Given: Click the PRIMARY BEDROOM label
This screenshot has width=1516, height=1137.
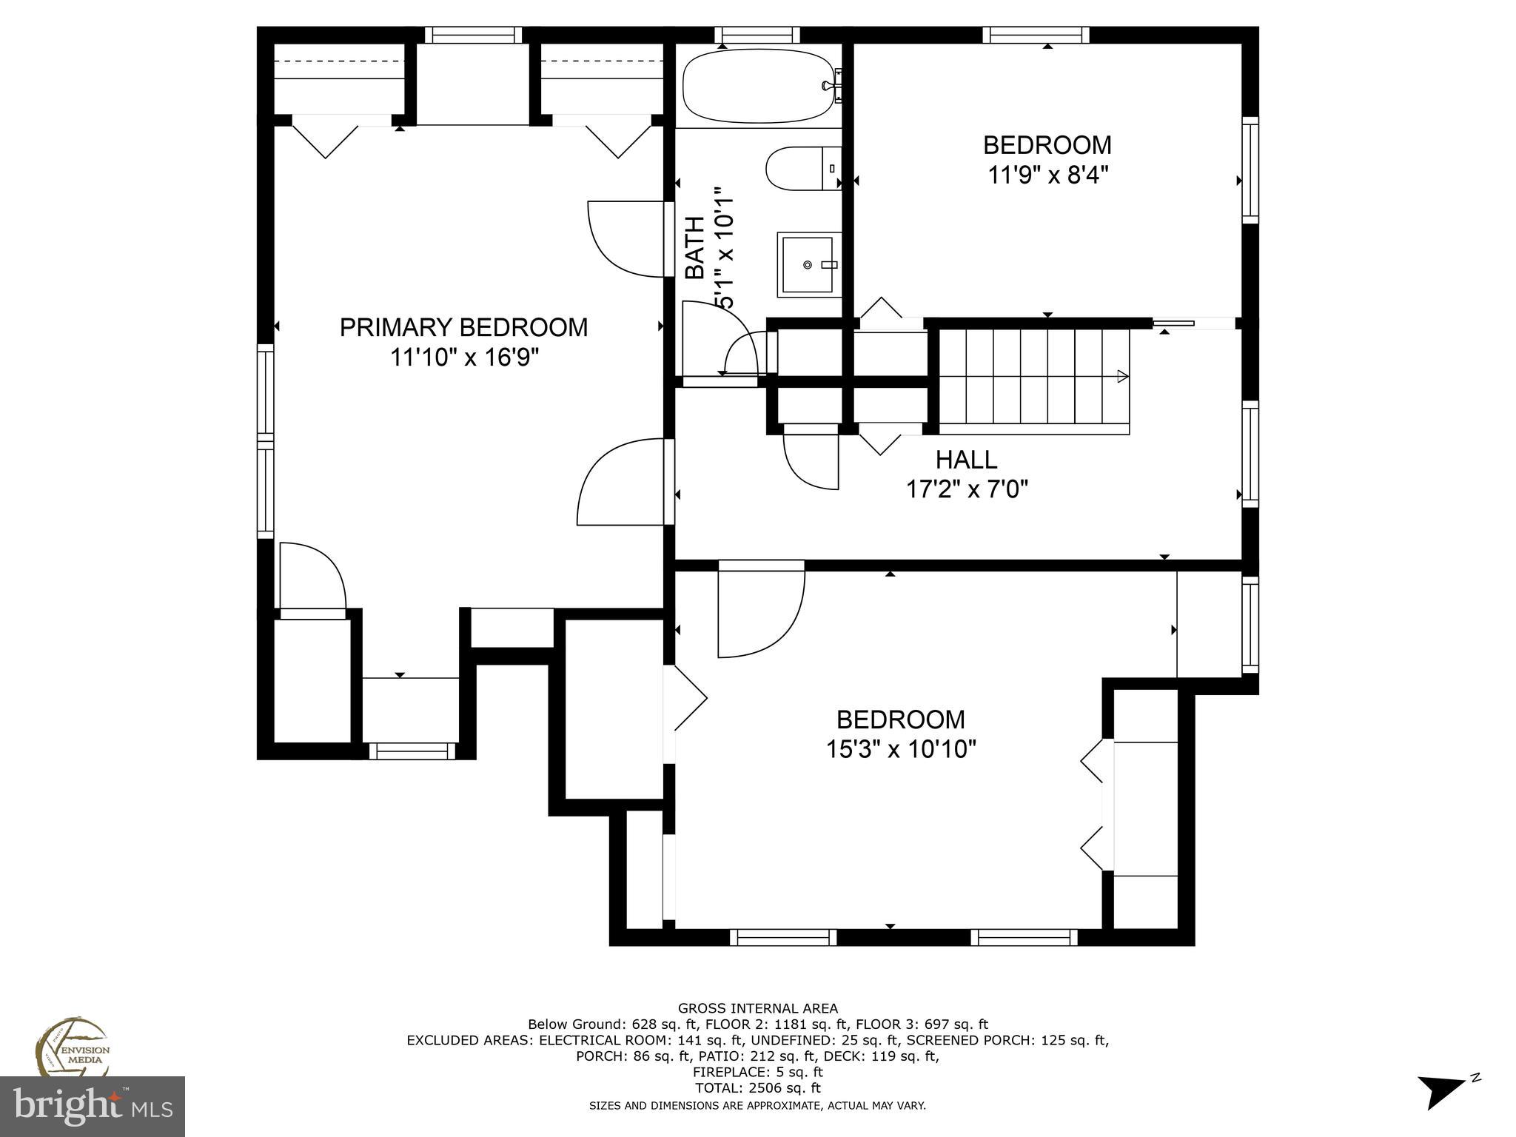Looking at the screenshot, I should point(463,327).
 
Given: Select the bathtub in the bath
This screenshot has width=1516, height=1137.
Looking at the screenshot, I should point(758,86).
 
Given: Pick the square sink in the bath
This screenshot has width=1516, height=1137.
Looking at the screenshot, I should point(809,264).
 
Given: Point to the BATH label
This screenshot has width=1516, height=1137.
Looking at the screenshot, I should point(694,248).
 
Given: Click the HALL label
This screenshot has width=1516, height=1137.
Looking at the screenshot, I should point(966,460).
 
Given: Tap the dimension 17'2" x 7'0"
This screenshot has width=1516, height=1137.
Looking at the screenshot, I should point(967,489).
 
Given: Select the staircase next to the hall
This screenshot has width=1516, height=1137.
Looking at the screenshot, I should point(1034,381).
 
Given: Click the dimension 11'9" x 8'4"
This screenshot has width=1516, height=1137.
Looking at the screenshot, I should point(1047,175).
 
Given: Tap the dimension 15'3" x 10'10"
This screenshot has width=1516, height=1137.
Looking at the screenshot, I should point(900,750).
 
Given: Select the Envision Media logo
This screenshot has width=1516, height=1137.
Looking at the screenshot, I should point(73,1048).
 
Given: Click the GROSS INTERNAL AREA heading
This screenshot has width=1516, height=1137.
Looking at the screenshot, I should point(757,1008).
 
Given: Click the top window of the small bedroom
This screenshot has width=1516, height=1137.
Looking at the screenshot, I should point(1036,35).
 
